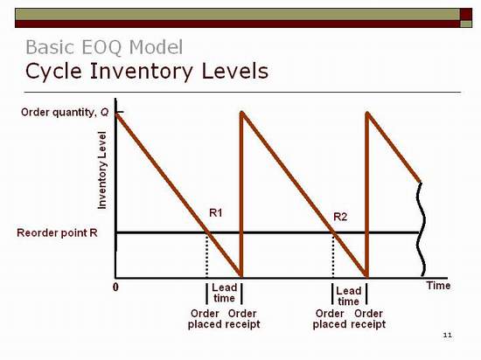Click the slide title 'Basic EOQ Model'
pyautogui.click(x=104, y=47)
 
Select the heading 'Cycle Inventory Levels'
pyautogui.click(x=147, y=71)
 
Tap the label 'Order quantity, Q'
pyautogui.click(x=65, y=113)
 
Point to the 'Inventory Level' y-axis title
pyautogui.click(x=102, y=170)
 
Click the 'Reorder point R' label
pyautogui.click(x=57, y=232)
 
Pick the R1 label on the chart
pyautogui.click(x=216, y=212)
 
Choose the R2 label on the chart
pyautogui.click(x=340, y=217)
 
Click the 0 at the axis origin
pyautogui.click(x=115, y=287)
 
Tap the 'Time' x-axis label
pyautogui.click(x=438, y=286)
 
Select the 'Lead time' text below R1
pyautogui.click(x=224, y=293)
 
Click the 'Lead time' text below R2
pyautogui.click(x=349, y=296)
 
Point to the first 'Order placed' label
pyautogui.click(x=205, y=319)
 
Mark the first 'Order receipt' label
pyautogui.click(x=242, y=319)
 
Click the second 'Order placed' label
pyautogui.click(x=330, y=319)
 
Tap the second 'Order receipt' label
pyautogui.click(x=368, y=319)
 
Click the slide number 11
pyautogui.click(x=448, y=335)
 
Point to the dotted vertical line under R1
pyautogui.click(x=206, y=255)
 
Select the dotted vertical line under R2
pyautogui.click(x=333, y=255)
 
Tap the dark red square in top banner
pyautogui.click(x=466, y=14)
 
